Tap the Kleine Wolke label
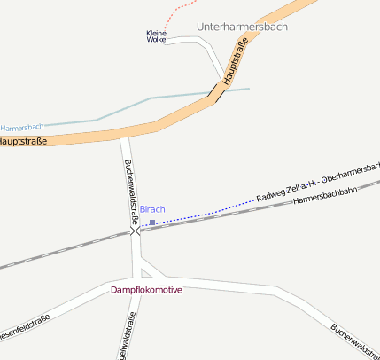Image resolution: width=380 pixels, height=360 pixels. point(156,36)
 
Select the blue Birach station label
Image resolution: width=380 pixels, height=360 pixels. point(152,209)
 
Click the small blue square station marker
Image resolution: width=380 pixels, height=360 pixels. point(152,223)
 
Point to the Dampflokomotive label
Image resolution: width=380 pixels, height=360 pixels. point(146,290)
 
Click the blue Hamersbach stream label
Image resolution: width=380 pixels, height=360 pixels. point(22,129)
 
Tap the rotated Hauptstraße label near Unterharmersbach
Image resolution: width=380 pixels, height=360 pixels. point(235,62)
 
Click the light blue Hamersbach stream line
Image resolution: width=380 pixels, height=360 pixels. point(124,108)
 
